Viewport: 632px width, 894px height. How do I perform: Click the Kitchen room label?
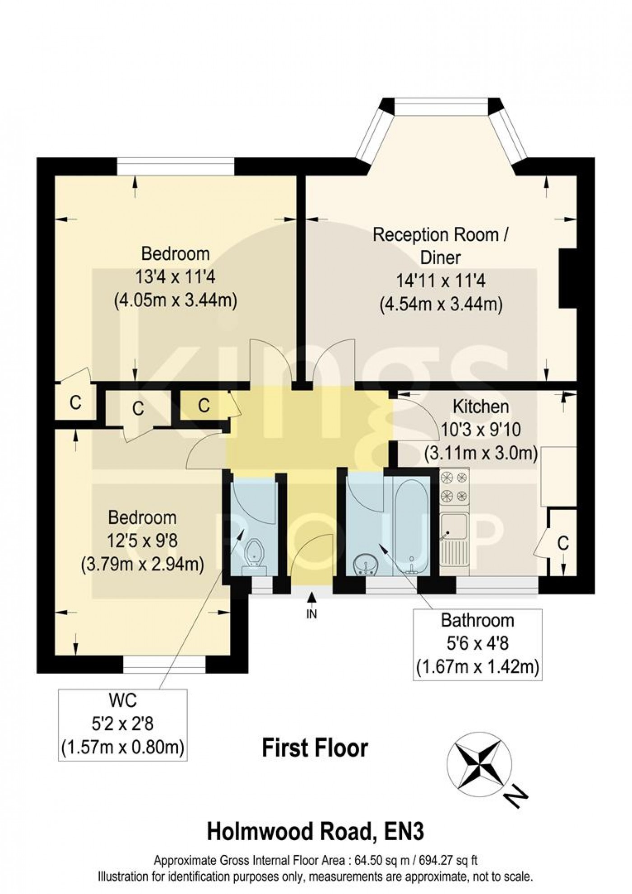(481, 407)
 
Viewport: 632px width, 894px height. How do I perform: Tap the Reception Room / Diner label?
(441, 246)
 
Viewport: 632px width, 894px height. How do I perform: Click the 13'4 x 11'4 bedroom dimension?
(175, 277)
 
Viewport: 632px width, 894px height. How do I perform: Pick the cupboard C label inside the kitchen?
(563, 544)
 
